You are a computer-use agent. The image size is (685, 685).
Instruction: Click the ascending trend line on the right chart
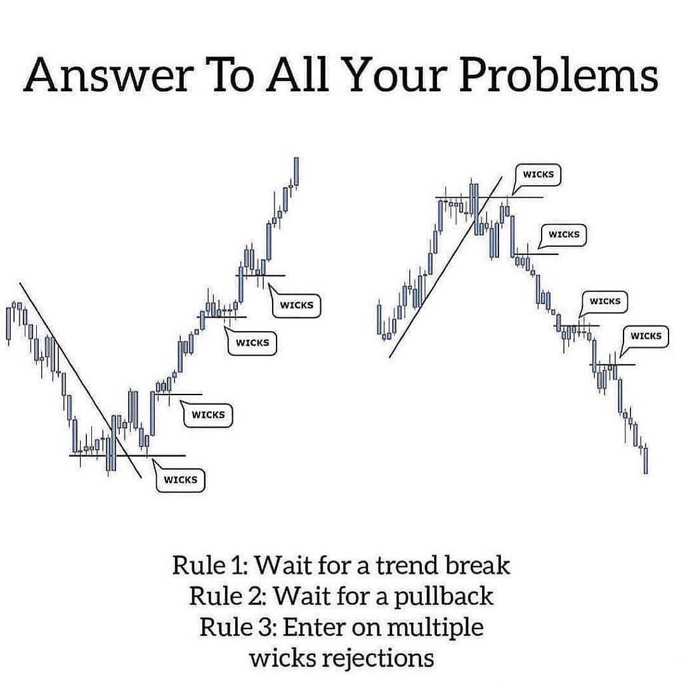tap(444, 266)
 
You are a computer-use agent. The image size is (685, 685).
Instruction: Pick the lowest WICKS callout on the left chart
tap(181, 480)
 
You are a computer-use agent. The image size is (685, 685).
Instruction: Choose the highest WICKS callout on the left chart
tap(297, 305)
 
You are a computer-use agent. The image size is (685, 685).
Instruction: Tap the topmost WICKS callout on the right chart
tap(538, 174)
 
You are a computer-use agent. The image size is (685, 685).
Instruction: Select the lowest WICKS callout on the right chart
tap(646, 336)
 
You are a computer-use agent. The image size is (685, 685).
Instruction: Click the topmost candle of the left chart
tap(296, 171)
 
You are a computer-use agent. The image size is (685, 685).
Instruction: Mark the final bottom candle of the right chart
tap(646, 460)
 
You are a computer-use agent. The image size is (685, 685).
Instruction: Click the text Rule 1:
tap(212, 564)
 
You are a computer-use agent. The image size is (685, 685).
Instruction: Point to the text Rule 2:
tap(230, 596)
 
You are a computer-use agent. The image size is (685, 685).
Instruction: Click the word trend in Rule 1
tap(410, 564)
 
